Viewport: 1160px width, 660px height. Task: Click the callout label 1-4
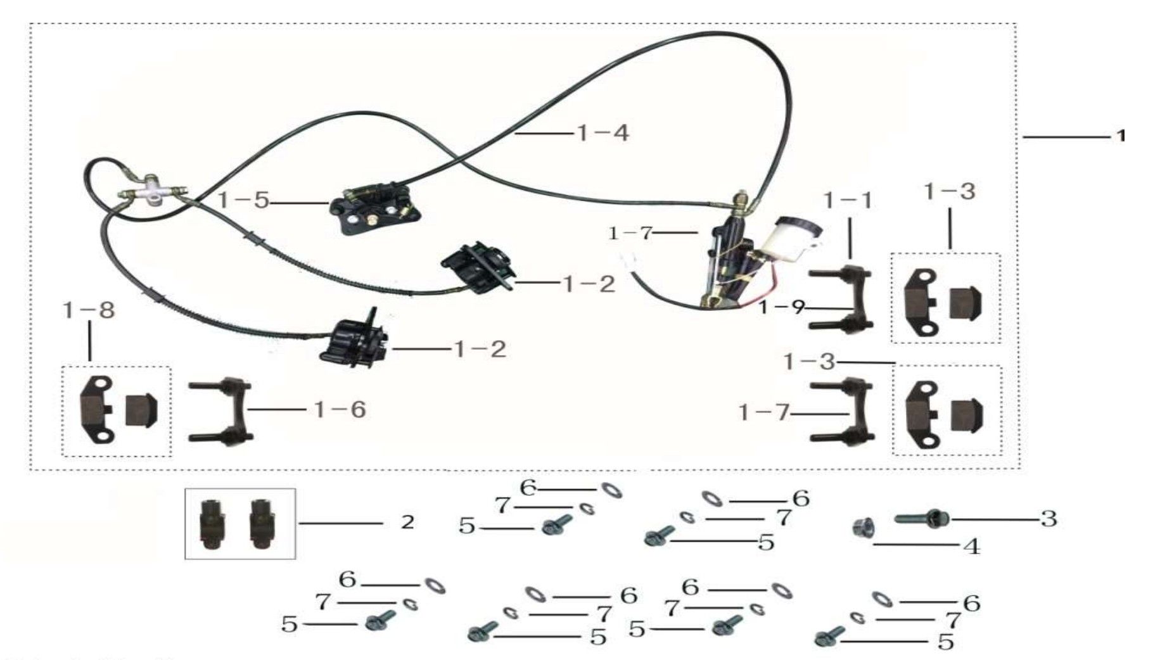point(602,133)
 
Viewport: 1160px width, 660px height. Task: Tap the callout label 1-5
point(243,201)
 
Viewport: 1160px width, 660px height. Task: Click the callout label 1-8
point(89,310)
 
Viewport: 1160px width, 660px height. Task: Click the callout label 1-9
point(782,308)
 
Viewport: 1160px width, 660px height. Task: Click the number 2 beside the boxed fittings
point(407,522)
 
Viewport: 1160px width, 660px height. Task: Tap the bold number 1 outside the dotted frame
point(1121,136)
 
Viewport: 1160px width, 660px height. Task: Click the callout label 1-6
point(340,410)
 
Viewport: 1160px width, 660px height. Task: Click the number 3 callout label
point(1049,519)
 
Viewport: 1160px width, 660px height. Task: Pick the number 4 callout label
point(972,546)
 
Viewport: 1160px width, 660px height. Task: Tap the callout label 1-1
point(848,201)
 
